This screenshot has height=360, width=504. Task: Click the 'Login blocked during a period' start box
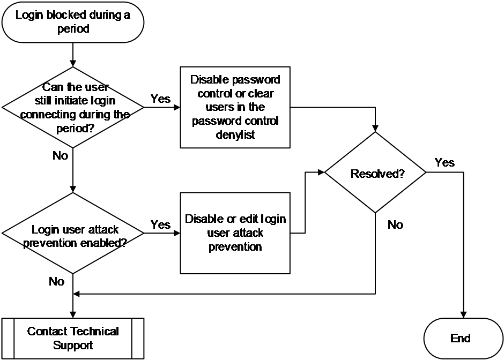click(73, 22)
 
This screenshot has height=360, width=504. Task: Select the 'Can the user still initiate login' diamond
click(73, 107)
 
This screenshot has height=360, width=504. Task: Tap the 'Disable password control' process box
click(235, 107)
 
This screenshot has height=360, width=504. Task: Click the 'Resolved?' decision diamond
click(375, 172)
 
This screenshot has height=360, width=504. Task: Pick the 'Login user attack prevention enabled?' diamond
click(73, 233)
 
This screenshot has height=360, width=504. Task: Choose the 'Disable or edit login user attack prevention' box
click(235, 233)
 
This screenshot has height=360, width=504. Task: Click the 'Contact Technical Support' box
click(73, 339)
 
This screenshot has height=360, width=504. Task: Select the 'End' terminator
click(463, 339)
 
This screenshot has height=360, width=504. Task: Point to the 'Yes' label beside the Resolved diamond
click(444, 162)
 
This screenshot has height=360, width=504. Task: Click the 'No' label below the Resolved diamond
click(395, 224)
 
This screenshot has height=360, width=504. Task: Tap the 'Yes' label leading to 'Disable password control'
click(160, 99)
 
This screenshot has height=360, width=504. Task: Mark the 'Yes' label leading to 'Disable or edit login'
click(160, 224)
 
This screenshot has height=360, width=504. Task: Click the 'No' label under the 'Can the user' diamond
click(60, 155)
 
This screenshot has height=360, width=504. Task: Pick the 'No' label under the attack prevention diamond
click(56, 281)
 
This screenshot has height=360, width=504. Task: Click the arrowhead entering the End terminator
click(463, 314)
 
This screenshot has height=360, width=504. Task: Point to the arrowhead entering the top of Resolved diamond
click(375, 129)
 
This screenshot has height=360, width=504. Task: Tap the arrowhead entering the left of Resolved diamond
click(321, 172)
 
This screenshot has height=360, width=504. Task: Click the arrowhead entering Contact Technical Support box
click(73, 314)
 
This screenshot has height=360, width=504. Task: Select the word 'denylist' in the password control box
click(235, 134)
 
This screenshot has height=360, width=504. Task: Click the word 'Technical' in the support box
click(94, 331)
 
